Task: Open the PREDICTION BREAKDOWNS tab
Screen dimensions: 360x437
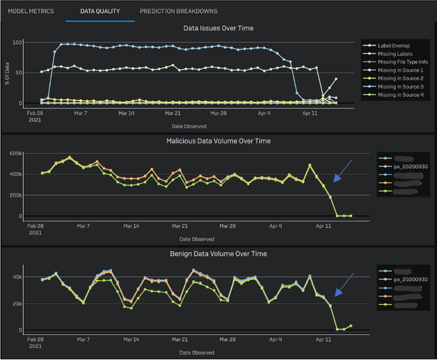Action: click(x=178, y=12)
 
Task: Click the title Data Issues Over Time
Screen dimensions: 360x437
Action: click(x=218, y=29)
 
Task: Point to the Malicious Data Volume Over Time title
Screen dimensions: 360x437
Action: click(x=218, y=141)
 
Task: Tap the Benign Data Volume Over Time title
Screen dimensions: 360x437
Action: click(x=218, y=253)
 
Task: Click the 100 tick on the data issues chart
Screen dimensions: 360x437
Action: click(x=17, y=42)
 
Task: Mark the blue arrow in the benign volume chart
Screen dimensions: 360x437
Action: click(x=343, y=283)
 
